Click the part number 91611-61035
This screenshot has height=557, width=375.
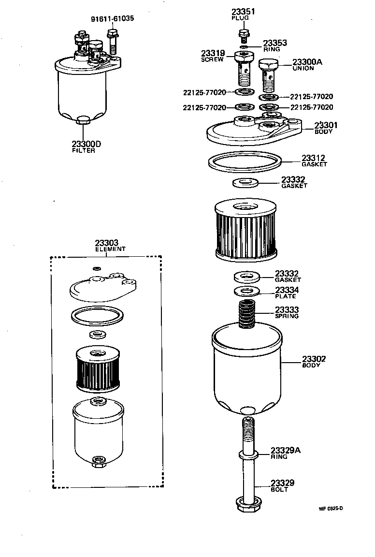[113, 19]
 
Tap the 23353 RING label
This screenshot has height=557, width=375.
[275, 45]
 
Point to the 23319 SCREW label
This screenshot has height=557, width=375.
[213, 56]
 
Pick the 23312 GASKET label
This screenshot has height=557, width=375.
[314, 161]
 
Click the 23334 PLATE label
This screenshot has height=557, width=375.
[287, 293]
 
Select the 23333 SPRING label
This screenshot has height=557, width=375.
[287, 312]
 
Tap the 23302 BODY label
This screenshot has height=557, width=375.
[314, 361]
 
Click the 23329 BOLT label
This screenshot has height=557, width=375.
[282, 485]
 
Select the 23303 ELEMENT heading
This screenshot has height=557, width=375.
[110, 246]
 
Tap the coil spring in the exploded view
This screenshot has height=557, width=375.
[247, 314]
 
